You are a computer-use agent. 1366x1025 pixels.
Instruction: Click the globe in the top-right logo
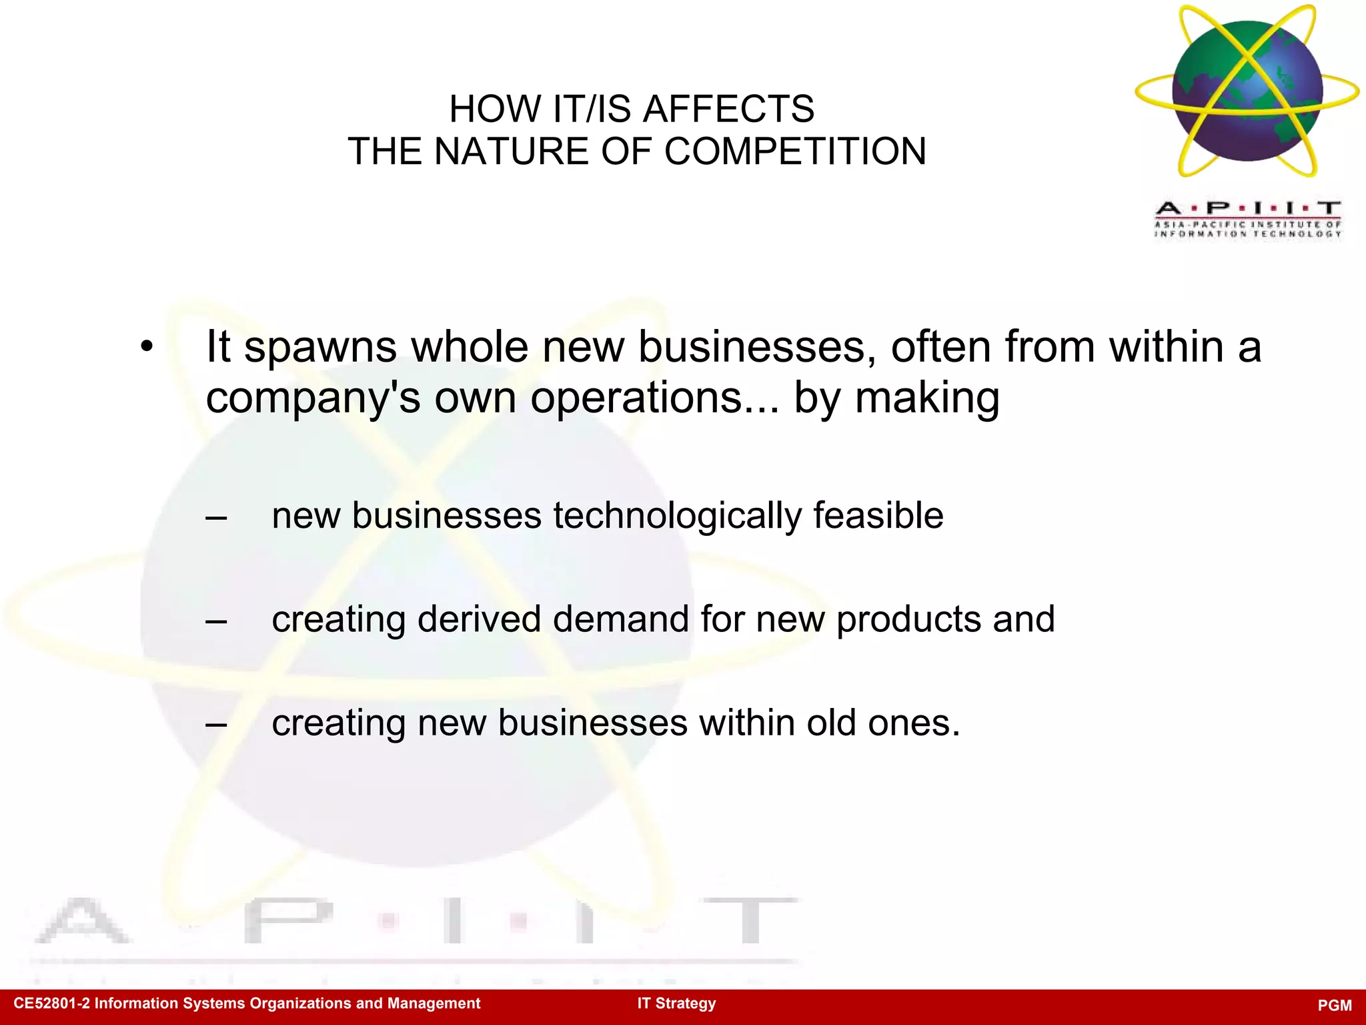click(x=1247, y=91)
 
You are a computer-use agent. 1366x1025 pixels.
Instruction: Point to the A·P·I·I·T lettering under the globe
click(x=1248, y=208)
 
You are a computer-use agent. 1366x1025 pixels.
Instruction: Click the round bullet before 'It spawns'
click(x=147, y=347)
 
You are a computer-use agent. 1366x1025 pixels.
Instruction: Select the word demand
click(x=621, y=619)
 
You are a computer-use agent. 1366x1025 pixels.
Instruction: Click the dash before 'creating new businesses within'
click(x=216, y=724)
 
